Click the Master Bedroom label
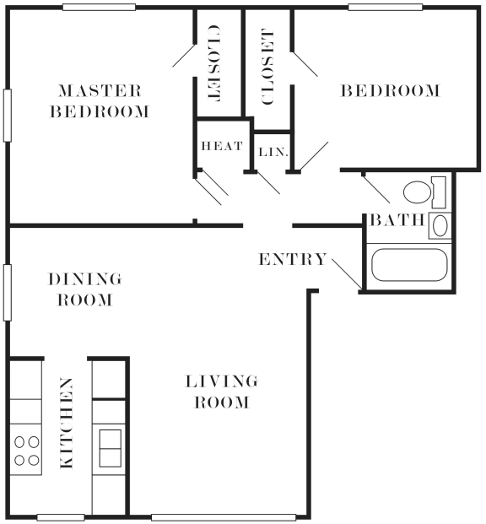[99, 100]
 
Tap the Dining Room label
[84, 289]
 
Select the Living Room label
[221, 392]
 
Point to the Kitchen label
[66, 424]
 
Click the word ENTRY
[291, 259]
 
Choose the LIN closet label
[270, 152]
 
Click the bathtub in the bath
[409, 265]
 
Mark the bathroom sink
[440, 226]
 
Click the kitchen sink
[110, 447]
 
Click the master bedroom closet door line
[184, 53]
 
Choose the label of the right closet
[268, 67]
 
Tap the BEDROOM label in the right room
[391, 91]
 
